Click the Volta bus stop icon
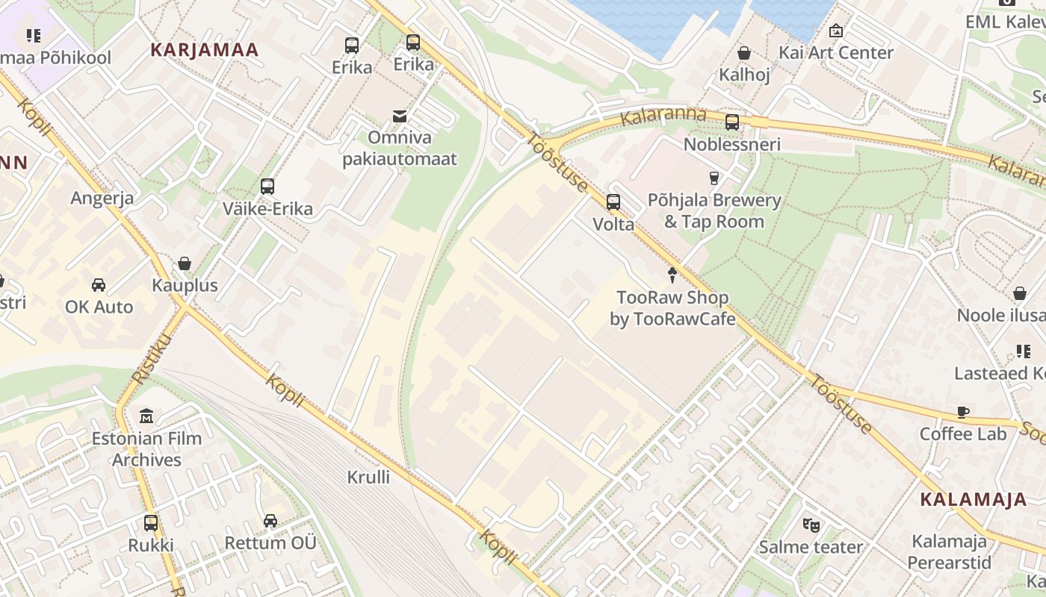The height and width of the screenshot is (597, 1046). (x=613, y=201)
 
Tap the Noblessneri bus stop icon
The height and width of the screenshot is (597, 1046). (x=732, y=122)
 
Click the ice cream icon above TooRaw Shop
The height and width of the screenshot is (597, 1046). (x=672, y=275)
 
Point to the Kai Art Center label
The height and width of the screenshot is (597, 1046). (x=835, y=52)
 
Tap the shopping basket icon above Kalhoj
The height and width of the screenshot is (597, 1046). (x=744, y=53)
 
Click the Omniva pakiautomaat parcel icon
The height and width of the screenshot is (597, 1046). (x=400, y=116)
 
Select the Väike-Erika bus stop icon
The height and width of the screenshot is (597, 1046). (x=267, y=186)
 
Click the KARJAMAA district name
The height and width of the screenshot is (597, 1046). (x=204, y=50)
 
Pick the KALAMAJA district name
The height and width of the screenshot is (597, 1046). (x=974, y=499)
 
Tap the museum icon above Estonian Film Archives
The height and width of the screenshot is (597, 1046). (x=146, y=416)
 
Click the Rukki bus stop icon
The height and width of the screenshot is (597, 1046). (x=151, y=522)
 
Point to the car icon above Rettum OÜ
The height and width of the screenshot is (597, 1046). (x=270, y=520)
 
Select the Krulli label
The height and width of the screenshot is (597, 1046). (x=368, y=476)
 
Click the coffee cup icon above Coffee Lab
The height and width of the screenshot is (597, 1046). (x=963, y=412)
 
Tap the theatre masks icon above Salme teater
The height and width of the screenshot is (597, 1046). (x=811, y=525)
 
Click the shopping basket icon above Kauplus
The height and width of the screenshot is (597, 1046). (x=185, y=263)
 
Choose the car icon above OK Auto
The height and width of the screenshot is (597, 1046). (x=99, y=285)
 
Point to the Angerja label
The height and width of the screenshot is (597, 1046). (x=102, y=198)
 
